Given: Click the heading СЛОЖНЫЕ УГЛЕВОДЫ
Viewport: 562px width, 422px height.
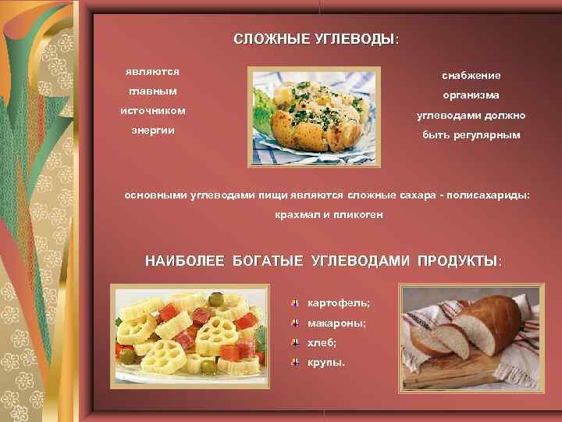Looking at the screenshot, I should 315,39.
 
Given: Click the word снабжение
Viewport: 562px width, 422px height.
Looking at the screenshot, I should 471,75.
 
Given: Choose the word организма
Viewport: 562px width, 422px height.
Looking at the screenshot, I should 471,95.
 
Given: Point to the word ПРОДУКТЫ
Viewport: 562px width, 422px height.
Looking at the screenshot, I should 457,260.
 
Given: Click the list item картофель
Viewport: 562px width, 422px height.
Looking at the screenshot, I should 339,302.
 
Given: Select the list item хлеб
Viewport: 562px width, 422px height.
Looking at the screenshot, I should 322,342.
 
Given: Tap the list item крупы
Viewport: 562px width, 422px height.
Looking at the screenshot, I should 325,363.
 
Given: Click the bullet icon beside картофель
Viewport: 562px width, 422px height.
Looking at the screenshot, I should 296,302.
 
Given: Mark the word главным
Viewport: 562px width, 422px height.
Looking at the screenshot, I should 153,91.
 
